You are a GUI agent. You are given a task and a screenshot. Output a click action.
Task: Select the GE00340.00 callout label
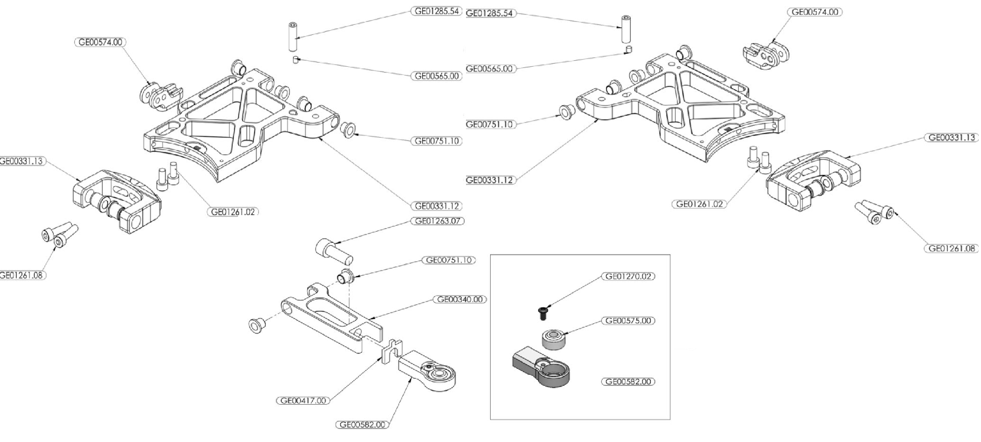tap(460, 300)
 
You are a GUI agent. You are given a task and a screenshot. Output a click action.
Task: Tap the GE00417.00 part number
tap(303, 401)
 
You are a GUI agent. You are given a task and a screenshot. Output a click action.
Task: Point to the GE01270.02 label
tap(628, 276)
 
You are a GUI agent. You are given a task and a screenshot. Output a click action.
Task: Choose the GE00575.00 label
tap(628, 321)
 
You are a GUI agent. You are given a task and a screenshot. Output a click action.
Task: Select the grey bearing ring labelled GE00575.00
tap(553, 340)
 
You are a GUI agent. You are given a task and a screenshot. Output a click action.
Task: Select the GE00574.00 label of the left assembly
tap(102, 43)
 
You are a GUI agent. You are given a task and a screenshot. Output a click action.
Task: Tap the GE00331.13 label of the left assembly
tap(22, 161)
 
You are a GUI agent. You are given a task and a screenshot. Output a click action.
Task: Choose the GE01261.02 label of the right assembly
tap(700, 204)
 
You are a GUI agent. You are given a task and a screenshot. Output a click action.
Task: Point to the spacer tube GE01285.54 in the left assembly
tap(293, 37)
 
